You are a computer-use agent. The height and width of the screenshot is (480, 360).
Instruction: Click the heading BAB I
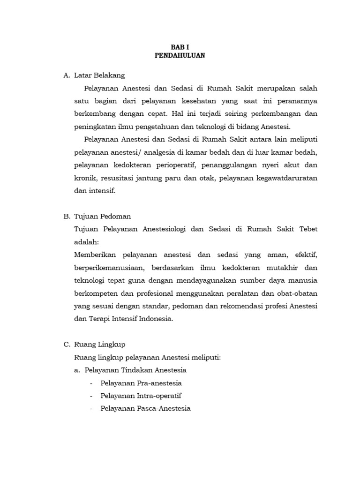tap(180, 47)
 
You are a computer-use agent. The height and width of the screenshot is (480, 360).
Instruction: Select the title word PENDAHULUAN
tap(180, 55)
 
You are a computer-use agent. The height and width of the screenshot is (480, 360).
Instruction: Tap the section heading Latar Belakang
tap(99, 75)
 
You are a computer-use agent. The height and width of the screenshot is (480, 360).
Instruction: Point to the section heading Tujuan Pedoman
tap(103, 216)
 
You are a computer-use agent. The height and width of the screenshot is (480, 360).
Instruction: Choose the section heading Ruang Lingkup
tap(99, 345)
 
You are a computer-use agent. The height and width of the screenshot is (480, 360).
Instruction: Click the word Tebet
tap(307, 229)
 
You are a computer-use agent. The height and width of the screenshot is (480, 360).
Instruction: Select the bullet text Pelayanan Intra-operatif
tap(141, 396)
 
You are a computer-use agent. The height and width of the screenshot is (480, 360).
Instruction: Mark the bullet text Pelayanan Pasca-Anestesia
tap(145, 408)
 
